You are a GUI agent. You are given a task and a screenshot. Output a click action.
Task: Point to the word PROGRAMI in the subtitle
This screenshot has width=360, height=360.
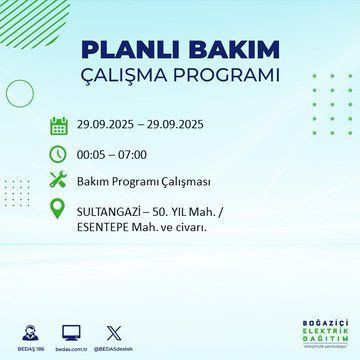[229, 76]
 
